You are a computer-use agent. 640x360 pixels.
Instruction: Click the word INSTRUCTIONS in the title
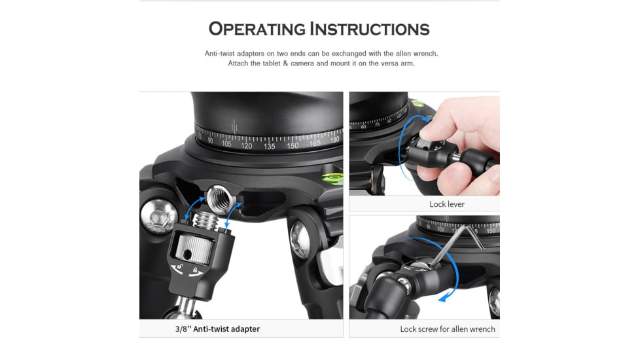click(x=369, y=29)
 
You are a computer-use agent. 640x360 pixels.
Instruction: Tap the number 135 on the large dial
click(x=269, y=147)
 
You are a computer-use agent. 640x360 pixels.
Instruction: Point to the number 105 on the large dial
click(x=226, y=143)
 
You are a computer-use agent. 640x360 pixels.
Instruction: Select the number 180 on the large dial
click(x=334, y=140)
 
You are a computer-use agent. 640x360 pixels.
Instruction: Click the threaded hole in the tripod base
click(x=215, y=197)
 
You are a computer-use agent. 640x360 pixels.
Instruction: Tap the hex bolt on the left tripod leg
click(x=156, y=217)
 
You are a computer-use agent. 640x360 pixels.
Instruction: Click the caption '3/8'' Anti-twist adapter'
click(x=217, y=329)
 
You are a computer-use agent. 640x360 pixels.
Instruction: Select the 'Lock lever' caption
click(x=446, y=204)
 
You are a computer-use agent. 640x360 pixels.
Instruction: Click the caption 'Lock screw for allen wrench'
click(x=447, y=329)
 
